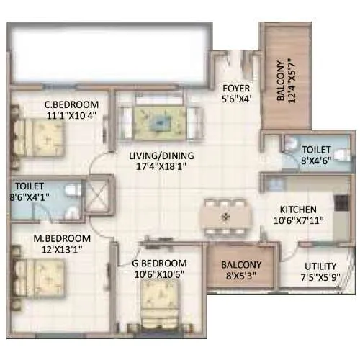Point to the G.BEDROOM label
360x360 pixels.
[x=161, y=262]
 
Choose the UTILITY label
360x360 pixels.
[x=320, y=266]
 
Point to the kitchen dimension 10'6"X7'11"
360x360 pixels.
[x=301, y=222]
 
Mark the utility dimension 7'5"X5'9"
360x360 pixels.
[x=321, y=278]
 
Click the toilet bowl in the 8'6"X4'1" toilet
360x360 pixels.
[x=71, y=191]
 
